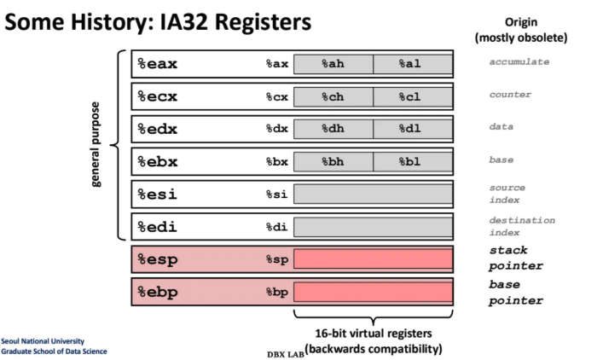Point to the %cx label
point(277,96)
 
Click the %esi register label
point(157,195)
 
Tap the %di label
point(277,227)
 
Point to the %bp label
point(277,293)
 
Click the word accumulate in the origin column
point(519,61)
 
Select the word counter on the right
point(510,94)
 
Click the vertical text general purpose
point(96,145)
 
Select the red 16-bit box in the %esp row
point(373,259)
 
